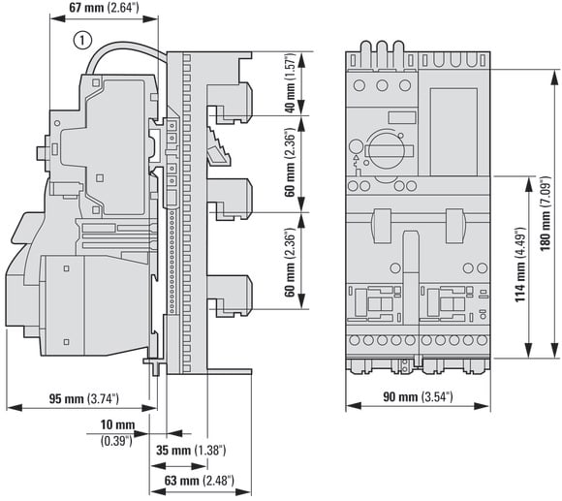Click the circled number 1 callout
coord(82,40)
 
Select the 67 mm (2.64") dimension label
coord(104,8)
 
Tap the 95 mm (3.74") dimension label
coord(83,398)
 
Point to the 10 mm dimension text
coord(117,425)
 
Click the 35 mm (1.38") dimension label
coord(191,450)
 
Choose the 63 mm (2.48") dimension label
coord(200,481)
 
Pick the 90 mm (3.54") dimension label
coord(418,396)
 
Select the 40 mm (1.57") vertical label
coord(290,83)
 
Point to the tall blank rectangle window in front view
coord(453,132)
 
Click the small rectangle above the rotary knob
coord(402,118)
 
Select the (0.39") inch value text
coord(116,441)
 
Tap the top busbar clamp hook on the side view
coord(230,102)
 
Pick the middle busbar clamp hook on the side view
coord(230,199)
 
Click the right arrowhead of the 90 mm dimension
coord(483,406)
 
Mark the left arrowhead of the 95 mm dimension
coord(15,407)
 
